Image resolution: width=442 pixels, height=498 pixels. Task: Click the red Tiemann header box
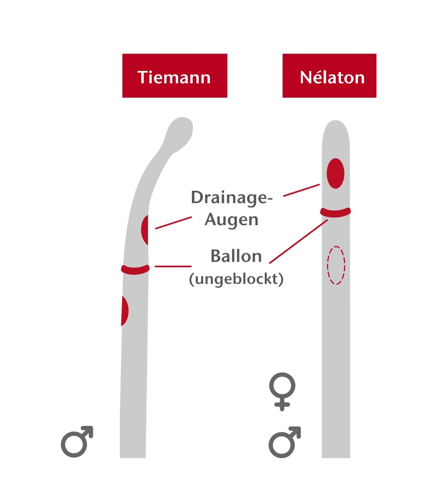coord(175,76)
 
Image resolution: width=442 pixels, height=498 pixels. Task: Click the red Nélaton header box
coord(329,76)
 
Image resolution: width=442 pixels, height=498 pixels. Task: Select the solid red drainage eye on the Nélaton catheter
coord(335,173)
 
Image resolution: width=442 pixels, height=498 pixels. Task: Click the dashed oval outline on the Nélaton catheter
coord(336,265)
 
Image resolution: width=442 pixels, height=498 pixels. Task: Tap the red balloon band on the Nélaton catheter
coord(335,213)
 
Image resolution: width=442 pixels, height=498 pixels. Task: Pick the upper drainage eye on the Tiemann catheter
coord(145,230)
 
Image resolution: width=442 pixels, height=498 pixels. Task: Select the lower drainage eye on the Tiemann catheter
coord(124,311)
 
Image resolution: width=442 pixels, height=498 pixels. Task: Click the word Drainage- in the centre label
coord(232,197)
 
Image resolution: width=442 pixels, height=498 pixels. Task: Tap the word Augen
coord(231,220)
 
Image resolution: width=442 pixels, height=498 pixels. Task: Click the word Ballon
coord(236,256)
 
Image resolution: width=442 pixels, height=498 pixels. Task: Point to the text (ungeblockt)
coord(236,279)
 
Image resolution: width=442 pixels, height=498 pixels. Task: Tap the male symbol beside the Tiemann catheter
coord(76,442)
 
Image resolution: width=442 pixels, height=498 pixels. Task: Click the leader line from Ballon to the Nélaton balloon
coord(298,242)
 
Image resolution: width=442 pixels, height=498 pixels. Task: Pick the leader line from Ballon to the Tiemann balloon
coord(173,266)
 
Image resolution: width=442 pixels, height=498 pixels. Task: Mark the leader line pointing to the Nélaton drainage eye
coord(301,190)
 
